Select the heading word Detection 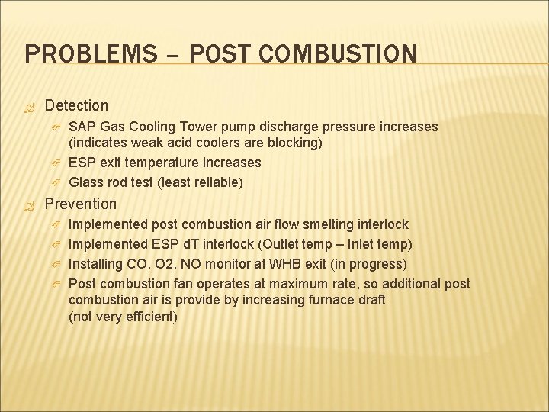pyautogui.click(x=76, y=105)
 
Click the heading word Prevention pyautogui.click(x=81, y=204)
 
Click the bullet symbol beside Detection pyautogui.click(x=30, y=105)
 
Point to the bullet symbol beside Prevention pyautogui.click(x=30, y=204)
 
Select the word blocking pyautogui.click(x=294, y=143)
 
